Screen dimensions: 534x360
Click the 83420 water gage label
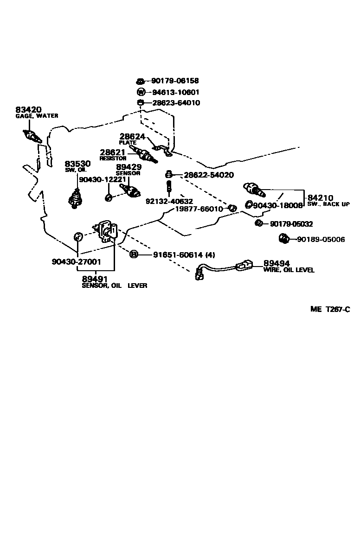[28, 110]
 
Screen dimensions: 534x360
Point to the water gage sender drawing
[32, 136]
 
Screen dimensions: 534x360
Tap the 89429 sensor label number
[128, 167]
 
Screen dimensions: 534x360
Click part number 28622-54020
[208, 175]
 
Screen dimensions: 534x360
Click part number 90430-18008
[277, 205]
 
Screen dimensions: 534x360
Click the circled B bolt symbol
[134, 254]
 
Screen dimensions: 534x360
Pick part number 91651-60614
[177, 254]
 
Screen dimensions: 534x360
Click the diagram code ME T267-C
[330, 309]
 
